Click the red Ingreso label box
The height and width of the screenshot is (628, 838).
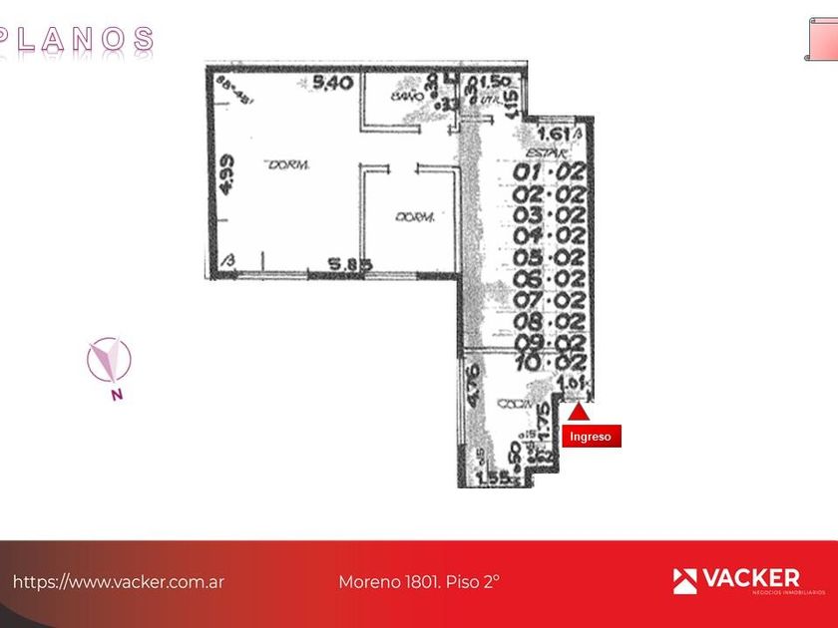[592, 437]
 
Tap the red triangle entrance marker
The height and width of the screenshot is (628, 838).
[578, 409]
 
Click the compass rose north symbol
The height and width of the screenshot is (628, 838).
[109, 361]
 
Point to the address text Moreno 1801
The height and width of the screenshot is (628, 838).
[419, 581]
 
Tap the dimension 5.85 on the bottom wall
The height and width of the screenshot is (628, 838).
[351, 265]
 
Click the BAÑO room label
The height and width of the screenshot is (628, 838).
[403, 97]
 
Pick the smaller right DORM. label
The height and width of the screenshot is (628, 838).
[412, 216]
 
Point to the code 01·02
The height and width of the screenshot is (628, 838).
[549, 172]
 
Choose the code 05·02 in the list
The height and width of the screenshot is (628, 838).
[549, 258]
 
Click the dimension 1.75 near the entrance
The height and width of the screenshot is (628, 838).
[544, 423]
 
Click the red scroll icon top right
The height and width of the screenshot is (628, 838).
[821, 39]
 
